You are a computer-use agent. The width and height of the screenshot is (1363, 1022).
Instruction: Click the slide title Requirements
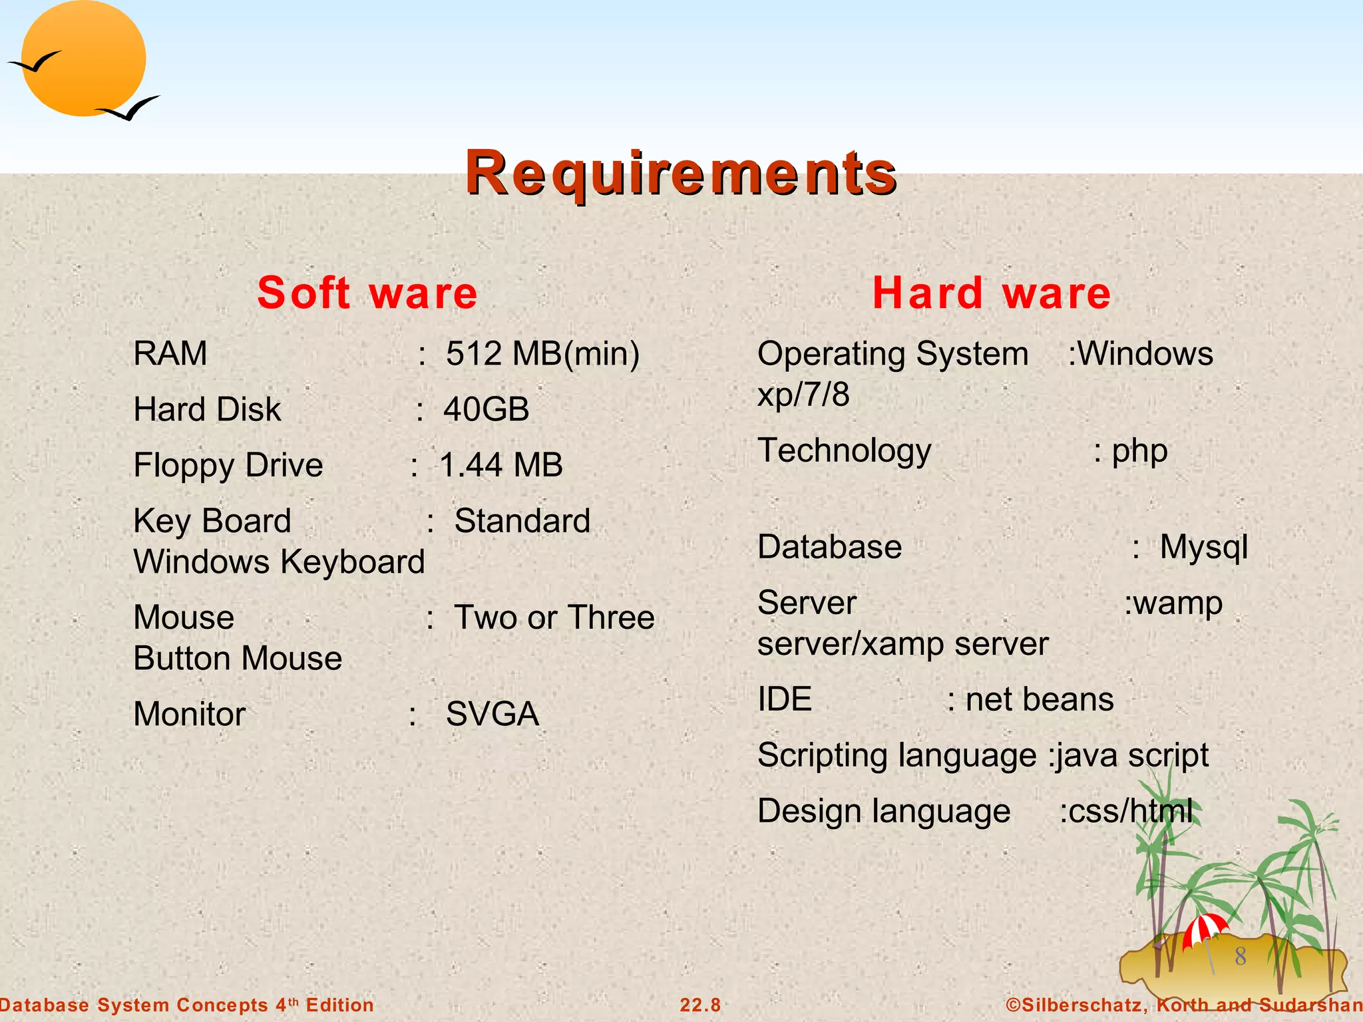(681, 173)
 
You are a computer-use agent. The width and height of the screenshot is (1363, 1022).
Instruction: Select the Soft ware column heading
(367, 293)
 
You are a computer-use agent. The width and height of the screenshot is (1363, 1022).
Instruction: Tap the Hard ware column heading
(992, 293)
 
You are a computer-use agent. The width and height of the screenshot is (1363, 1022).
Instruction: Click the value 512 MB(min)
(542, 353)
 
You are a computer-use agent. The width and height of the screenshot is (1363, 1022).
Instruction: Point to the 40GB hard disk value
(487, 409)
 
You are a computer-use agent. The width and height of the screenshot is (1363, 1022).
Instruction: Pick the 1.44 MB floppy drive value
(501, 465)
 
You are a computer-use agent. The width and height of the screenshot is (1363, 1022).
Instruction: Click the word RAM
(170, 353)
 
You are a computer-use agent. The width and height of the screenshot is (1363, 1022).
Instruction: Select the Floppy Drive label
(228, 465)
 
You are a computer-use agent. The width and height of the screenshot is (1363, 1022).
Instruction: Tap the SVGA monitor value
(492, 714)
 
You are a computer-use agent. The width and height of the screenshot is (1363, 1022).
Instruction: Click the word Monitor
(190, 714)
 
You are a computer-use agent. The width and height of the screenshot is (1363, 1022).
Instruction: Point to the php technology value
(1139, 451)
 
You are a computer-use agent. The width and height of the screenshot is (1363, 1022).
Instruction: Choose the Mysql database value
(1203, 548)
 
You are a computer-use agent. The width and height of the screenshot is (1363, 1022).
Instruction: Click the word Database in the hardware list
(830, 548)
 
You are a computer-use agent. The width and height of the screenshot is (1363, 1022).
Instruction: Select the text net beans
(1040, 699)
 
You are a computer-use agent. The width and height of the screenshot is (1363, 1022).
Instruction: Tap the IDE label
(785, 699)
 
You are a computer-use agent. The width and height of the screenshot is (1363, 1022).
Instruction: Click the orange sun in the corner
(83, 59)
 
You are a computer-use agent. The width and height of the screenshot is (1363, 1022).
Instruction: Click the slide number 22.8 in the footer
(700, 1005)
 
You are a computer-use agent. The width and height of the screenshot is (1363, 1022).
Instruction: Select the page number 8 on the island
(1241, 957)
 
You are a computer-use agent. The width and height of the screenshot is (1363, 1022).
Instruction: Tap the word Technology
(845, 451)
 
